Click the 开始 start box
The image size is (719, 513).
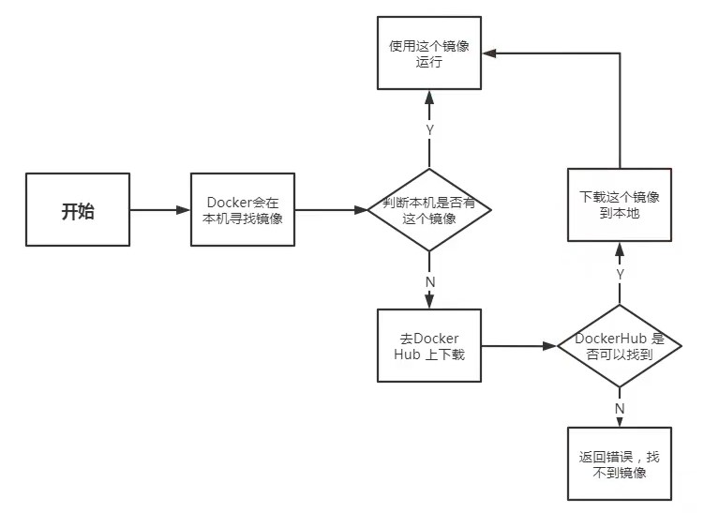point(78,211)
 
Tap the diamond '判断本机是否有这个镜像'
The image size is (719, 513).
point(429,211)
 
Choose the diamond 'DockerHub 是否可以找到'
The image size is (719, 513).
point(619,345)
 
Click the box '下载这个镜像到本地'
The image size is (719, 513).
point(620,205)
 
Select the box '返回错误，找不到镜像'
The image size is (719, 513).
point(620,464)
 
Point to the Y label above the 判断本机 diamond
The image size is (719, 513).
point(430,130)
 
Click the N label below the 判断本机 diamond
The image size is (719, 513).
point(430,280)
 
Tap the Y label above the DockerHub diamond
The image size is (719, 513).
point(620,273)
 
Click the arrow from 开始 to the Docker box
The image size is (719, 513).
point(159,211)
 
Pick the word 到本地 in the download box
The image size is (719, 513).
point(620,214)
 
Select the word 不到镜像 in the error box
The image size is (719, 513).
point(620,473)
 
